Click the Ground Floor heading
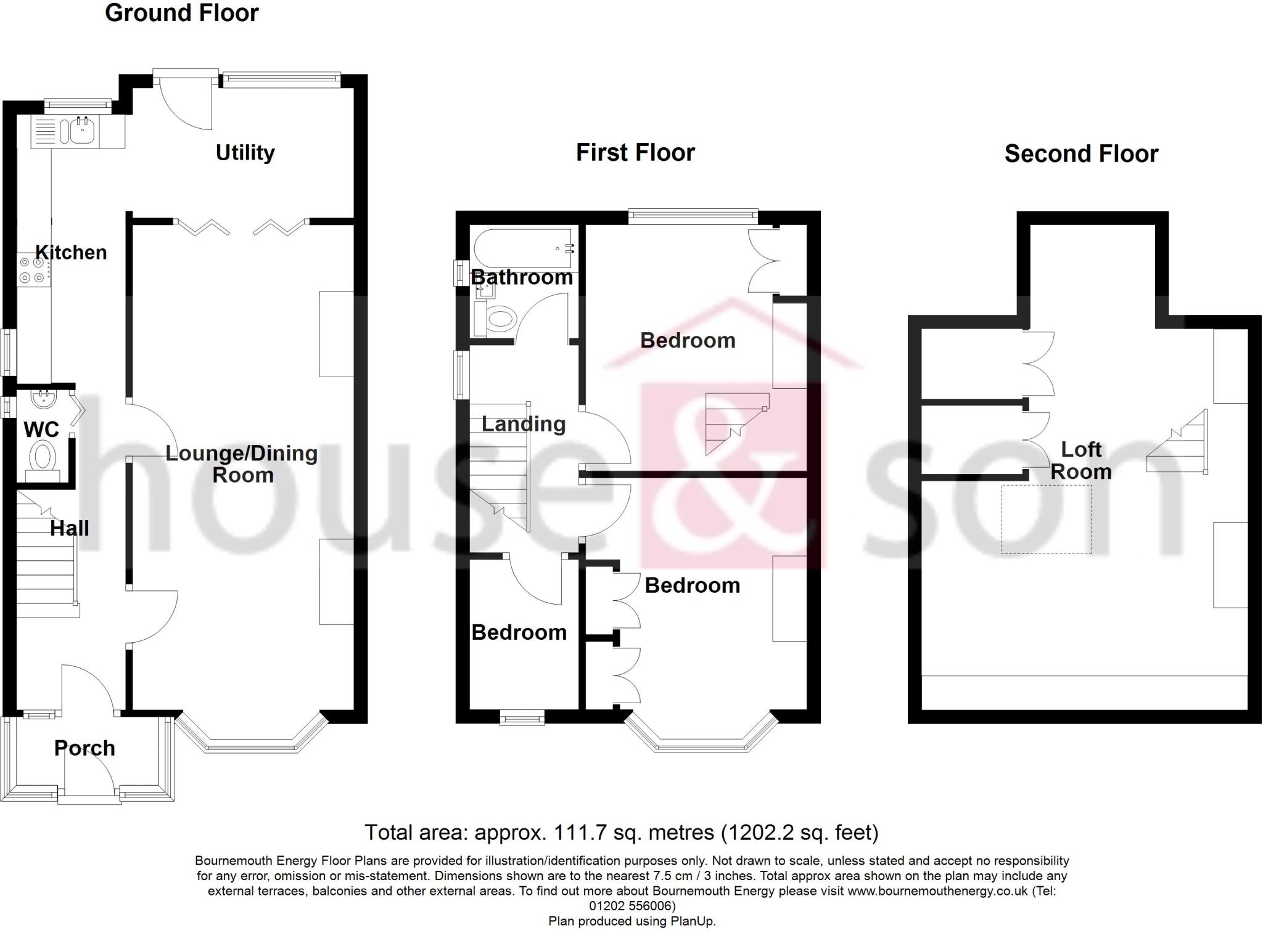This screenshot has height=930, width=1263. pos(182,13)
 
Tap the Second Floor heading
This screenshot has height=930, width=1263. pos(1081,153)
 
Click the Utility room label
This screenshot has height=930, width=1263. pos(245,152)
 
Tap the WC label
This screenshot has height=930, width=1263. pos(41,429)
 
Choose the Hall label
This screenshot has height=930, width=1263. pos(69,528)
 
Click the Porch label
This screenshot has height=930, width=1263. pos(84,748)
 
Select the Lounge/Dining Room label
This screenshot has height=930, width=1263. pos(242,464)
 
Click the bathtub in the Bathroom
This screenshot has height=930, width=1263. pos(523,249)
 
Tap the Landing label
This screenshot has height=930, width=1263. pos(523,424)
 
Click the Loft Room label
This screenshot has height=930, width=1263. pos(1081,460)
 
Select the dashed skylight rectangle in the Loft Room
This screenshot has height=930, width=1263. pos(1046,519)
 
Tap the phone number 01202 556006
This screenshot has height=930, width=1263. pos(632,906)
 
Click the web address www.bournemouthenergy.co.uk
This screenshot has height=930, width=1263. pos(937,891)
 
